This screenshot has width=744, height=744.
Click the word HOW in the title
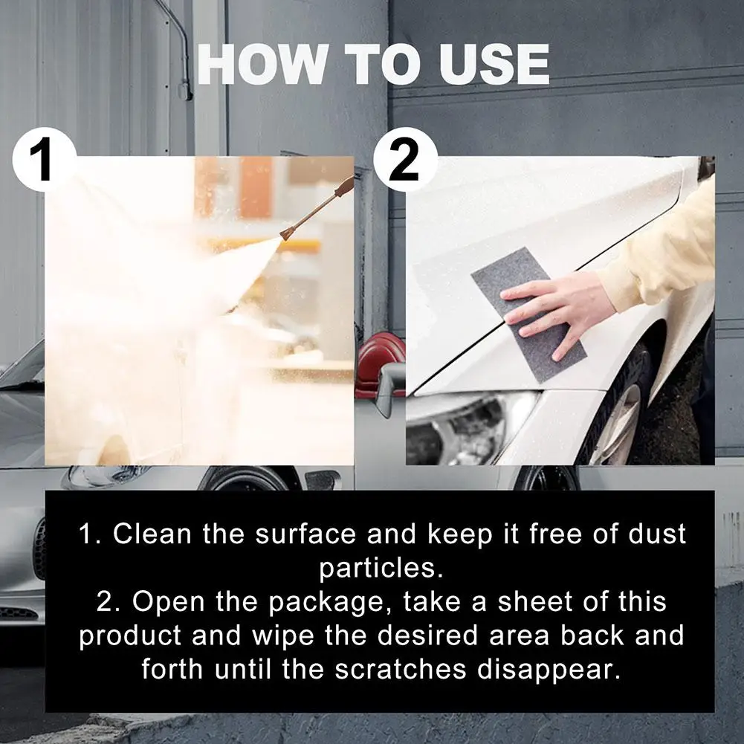(x=262, y=65)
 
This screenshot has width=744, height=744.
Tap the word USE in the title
(x=494, y=65)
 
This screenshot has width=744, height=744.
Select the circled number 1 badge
(x=45, y=160)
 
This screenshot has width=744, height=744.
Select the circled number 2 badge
(x=406, y=160)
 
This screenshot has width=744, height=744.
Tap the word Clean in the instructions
(x=152, y=534)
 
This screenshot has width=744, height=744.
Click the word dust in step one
(x=657, y=534)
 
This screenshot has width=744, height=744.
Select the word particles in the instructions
(x=377, y=569)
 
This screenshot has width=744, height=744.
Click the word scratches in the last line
(x=401, y=669)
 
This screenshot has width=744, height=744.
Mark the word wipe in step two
(x=282, y=636)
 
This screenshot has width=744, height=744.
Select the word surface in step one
(x=305, y=534)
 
